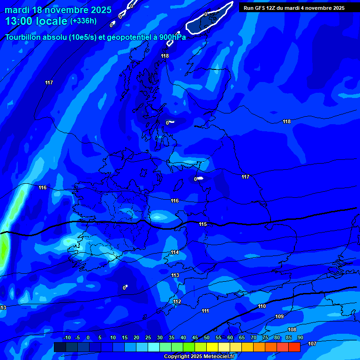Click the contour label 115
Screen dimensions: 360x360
[x=202, y=224]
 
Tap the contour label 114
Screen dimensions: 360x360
[x=175, y=252]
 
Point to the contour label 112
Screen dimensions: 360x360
[x=177, y=301]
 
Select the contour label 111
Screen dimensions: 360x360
[x=205, y=311]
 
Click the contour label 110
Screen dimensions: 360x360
[x=262, y=306]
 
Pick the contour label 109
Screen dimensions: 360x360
[x=279, y=316]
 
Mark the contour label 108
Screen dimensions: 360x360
[x=292, y=330]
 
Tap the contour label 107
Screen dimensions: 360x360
[x=312, y=344]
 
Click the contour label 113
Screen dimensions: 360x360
[x=175, y=275]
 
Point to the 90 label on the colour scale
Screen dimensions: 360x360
[x=300, y=337]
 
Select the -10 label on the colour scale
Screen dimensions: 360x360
[x=67, y=337]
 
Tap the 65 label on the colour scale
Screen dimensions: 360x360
[x=242, y=337]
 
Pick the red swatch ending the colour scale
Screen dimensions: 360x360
[x=294, y=347]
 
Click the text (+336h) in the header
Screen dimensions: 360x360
[x=83, y=21]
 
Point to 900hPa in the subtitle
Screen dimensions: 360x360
[x=172, y=37]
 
